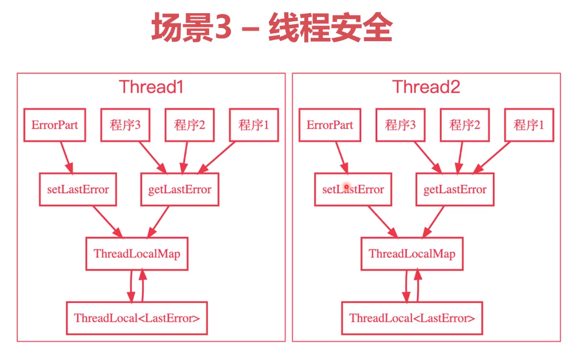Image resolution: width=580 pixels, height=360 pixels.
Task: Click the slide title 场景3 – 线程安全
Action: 272,28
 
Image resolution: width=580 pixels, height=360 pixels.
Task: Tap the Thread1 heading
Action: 151,87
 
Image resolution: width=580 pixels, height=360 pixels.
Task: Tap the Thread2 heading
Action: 426,87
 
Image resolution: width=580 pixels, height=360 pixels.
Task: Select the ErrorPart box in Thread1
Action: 55,125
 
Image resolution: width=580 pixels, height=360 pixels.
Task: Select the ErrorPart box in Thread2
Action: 330,125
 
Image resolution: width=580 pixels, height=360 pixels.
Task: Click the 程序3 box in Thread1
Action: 126,125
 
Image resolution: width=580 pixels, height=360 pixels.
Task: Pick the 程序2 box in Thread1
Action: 190,125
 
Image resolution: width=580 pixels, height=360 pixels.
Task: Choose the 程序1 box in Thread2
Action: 530,125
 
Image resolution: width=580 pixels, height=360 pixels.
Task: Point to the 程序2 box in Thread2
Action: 465,125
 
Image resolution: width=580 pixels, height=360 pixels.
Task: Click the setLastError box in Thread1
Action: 78,189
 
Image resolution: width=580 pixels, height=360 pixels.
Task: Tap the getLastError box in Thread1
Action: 180,189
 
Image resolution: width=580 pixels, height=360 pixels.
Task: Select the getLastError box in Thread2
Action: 455,189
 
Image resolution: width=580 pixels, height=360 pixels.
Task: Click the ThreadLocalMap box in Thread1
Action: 137,254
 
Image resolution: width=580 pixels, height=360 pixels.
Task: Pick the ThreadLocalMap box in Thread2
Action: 412,254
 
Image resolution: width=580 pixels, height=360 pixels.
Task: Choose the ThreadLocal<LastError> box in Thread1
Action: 137,318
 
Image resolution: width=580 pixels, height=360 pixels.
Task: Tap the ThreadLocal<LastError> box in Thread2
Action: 412,318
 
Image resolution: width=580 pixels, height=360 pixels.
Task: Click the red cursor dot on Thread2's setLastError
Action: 346,187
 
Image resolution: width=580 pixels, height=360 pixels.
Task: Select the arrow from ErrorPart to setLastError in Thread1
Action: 66,157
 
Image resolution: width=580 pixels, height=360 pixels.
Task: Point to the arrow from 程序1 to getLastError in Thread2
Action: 492,157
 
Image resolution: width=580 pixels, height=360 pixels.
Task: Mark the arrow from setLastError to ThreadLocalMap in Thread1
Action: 107,222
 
